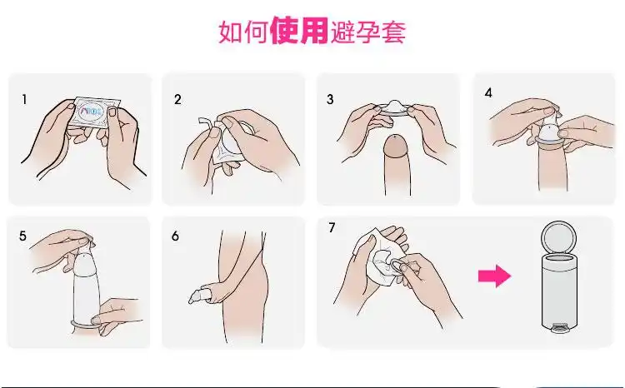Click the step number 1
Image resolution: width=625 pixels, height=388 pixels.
pyautogui.click(x=25, y=99)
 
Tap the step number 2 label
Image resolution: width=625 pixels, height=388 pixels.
pyautogui.click(x=177, y=99)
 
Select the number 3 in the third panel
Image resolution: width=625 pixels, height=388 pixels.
pyautogui.click(x=330, y=99)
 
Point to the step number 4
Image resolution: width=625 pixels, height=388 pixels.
pyautogui.click(x=488, y=92)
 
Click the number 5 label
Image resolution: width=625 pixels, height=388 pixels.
pyautogui.click(x=22, y=236)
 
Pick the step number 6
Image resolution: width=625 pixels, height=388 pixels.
pyautogui.click(x=176, y=236)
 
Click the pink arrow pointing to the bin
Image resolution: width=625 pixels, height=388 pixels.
pyautogui.click(x=496, y=276)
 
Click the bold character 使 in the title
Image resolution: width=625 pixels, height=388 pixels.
pyautogui.click(x=284, y=32)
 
